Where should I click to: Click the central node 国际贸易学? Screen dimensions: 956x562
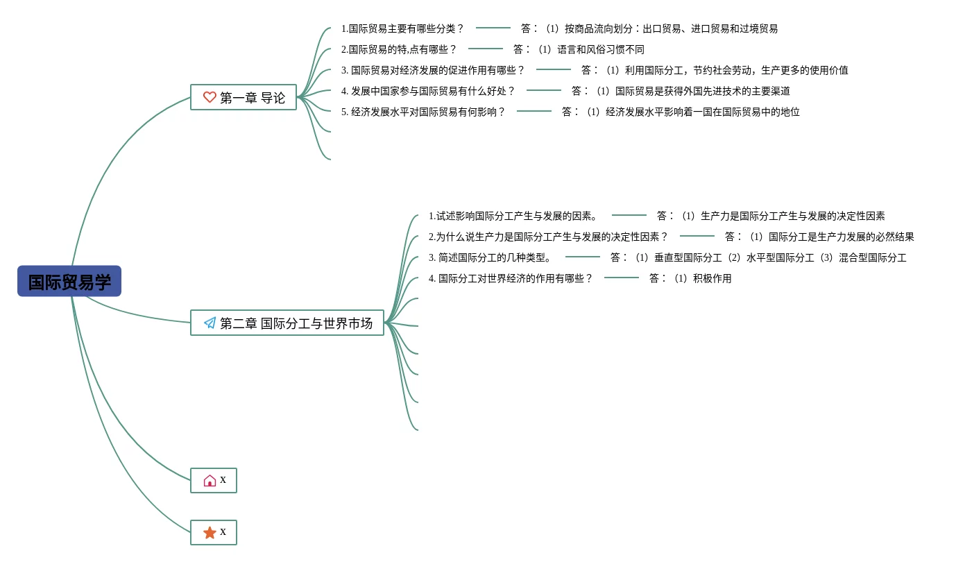click(x=69, y=282)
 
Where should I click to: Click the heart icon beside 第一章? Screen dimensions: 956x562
click(x=210, y=97)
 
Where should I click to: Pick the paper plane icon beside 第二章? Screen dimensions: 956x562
click(x=210, y=323)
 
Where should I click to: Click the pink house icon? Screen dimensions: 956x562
click(x=210, y=480)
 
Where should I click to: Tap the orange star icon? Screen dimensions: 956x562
click(x=210, y=532)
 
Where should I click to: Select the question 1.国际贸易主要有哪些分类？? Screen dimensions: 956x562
click(x=402, y=28)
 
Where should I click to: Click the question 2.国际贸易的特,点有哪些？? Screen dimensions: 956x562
click(x=399, y=49)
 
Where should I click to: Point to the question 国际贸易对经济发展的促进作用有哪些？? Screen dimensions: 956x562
click(x=433, y=70)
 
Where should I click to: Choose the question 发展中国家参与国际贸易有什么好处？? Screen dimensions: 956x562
click(x=428, y=91)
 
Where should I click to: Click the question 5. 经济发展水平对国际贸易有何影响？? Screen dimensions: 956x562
click(x=423, y=112)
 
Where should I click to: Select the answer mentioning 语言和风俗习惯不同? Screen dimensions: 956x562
click(x=579, y=49)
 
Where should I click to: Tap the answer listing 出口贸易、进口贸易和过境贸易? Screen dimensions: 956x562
click(x=649, y=28)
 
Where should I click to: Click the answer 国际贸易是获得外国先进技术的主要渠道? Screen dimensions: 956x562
click(x=681, y=91)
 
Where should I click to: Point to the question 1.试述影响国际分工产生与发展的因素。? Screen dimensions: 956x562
click(x=513, y=216)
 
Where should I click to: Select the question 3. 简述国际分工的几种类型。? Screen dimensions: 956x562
click(x=490, y=257)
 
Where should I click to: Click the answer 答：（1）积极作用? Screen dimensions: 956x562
click(x=690, y=278)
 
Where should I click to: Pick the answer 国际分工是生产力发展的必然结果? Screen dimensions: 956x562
click(x=819, y=237)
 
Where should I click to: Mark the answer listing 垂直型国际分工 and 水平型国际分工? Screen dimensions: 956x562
click(x=758, y=257)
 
